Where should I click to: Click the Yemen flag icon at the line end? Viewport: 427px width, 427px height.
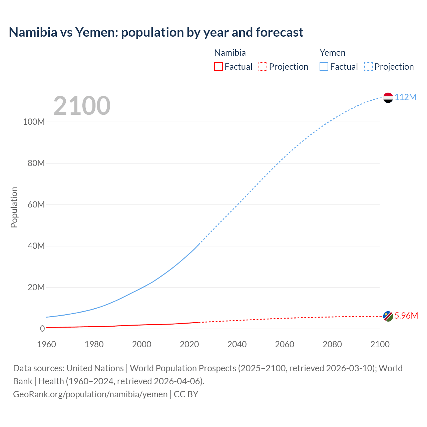388,97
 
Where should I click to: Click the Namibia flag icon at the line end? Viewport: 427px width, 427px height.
388,316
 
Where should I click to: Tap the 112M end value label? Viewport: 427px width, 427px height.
405,97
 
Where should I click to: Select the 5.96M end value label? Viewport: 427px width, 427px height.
406,316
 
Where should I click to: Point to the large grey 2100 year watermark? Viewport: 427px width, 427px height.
82,106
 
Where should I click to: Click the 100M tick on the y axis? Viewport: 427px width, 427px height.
34,122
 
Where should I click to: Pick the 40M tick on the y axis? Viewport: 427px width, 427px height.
36,246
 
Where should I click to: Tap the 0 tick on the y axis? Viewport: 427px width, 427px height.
42,329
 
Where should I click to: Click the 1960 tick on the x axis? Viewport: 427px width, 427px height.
46,344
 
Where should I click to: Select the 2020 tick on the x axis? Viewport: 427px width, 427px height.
189,344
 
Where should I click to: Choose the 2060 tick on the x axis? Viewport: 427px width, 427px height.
285,344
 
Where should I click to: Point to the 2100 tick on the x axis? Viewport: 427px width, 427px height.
380,344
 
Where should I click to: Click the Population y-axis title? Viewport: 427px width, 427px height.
14,207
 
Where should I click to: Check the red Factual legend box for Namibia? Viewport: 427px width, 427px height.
219,67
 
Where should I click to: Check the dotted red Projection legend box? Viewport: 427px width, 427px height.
263,67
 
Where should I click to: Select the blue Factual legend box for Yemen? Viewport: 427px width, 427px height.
324,67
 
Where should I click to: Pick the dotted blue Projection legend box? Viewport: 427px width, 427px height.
368,67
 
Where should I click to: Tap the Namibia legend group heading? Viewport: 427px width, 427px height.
230,53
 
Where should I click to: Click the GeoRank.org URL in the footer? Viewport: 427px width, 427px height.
90,394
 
